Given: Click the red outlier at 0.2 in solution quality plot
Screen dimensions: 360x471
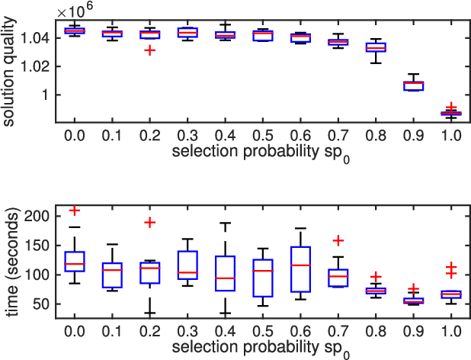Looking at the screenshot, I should (151, 50).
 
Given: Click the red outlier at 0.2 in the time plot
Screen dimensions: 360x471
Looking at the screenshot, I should (151, 223).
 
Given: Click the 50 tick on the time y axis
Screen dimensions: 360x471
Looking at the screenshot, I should (43, 304).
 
